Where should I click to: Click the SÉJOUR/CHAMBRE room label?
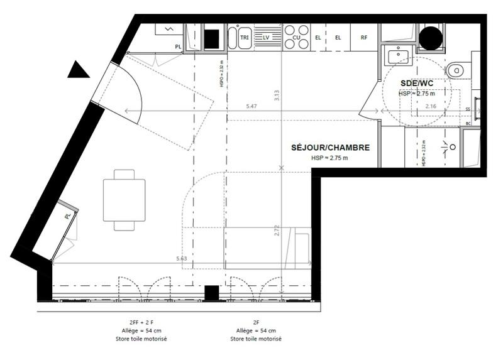click(x=330, y=148)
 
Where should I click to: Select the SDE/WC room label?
click(x=417, y=83)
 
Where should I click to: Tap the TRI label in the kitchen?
click(x=244, y=38)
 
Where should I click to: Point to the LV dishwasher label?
click(x=266, y=38)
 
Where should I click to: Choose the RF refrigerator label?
click(x=364, y=38)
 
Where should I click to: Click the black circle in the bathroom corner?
click(x=431, y=39)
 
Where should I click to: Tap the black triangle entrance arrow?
click(x=79, y=70)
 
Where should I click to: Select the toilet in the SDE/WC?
click(x=458, y=68)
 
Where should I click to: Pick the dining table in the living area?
click(x=124, y=199)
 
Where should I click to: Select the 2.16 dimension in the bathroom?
click(x=431, y=106)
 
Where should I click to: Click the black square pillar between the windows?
click(x=212, y=292)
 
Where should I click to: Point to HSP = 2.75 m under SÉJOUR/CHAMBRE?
click(x=329, y=158)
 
